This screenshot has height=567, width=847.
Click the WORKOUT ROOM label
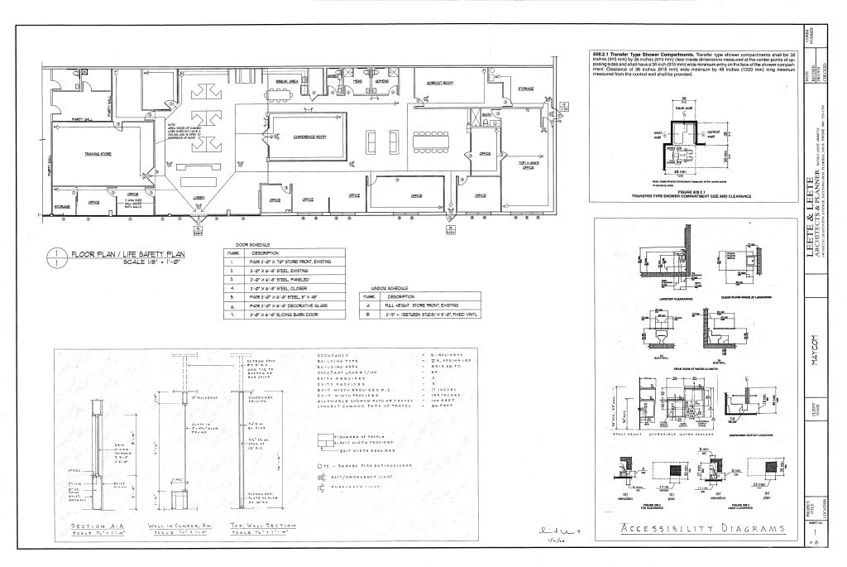click(439, 84)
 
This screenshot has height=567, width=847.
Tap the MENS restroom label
click(358, 81)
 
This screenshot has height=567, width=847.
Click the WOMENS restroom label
click(382, 81)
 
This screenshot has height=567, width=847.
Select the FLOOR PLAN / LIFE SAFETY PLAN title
click(127, 253)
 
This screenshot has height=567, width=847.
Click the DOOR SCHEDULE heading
click(241, 245)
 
